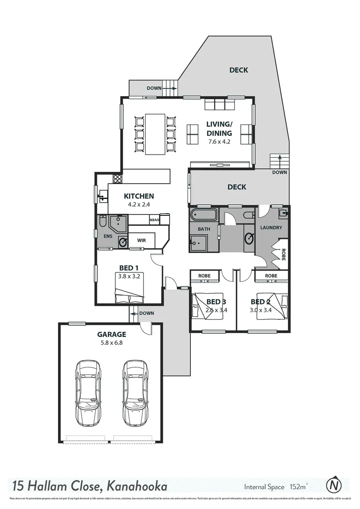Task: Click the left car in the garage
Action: click(88, 392)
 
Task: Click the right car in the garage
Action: click(135, 392)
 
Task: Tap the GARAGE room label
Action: click(111, 335)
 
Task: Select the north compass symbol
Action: click(334, 484)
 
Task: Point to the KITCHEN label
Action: click(139, 196)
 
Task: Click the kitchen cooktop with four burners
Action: click(117, 179)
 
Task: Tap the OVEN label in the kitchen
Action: click(154, 220)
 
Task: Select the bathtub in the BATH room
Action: click(204, 216)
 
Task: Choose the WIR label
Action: click(141, 240)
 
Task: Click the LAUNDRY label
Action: click(271, 228)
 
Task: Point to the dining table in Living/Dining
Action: click(155, 134)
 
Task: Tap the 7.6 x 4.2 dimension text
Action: click(219, 141)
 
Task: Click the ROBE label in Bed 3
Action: click(204, 276)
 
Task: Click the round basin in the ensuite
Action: click(123, 243)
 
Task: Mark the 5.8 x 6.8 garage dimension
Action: click(111, 343)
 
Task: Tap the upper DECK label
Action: click(238, 70)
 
